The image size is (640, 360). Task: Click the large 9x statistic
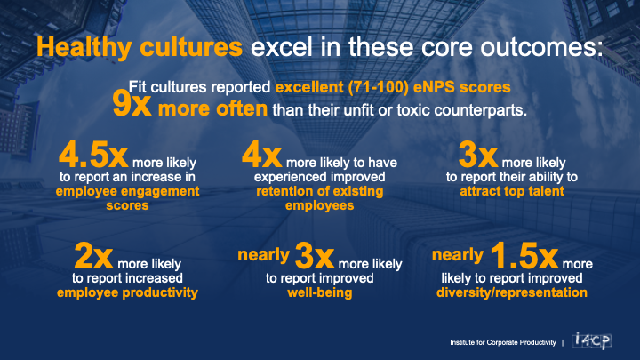tap(132, 105)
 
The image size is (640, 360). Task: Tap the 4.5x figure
tap(93, 155)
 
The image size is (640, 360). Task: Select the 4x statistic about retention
tap(261, 155)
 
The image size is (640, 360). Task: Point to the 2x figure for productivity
tap(93, 256)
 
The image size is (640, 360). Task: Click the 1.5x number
tap(524, 256)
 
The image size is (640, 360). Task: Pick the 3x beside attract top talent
tap(478, 155)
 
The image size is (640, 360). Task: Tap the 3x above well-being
tap(315, 256)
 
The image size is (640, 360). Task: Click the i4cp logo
tap(591, 340)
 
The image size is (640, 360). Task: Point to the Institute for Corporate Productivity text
tap(503, 342)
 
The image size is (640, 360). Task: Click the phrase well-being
tap(320, 292)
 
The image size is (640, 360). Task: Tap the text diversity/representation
tap(512, 292)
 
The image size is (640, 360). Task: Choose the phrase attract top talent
tap(512, 191)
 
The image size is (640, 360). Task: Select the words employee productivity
tap(127, 292)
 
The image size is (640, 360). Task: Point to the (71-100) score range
tap(379, 87)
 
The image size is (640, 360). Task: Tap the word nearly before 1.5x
tap(458, 255)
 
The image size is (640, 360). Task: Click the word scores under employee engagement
tap(127, 205)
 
